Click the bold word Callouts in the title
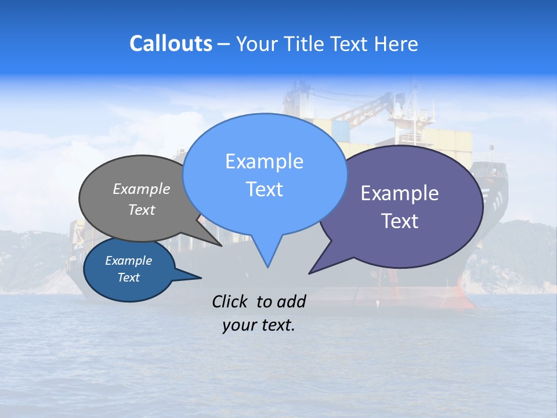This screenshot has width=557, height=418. (171, 44)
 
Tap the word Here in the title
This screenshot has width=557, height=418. (396, 44)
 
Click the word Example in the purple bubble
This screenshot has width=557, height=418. (399, 193)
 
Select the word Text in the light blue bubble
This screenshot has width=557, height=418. (264, 189)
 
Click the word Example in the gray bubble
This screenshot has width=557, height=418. (142, 189)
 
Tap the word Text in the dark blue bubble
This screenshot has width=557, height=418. (128, 278)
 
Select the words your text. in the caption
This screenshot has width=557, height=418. (258, 325)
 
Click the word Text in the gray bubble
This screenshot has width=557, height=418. (142, 210)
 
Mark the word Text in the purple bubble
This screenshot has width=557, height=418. (400, 221)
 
